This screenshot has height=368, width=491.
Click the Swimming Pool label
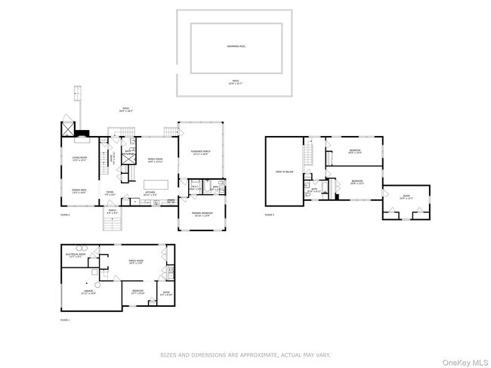click(236, 46)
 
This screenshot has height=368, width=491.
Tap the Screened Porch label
click(199, 153)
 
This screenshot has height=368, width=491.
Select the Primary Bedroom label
click(200, 214)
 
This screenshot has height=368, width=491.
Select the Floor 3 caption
click(270, 215)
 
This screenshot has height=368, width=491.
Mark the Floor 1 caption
click(65, 320)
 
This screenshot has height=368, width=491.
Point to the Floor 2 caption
click(65, 215)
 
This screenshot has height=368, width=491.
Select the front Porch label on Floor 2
click(112, 214)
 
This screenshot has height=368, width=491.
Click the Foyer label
click(110, 193)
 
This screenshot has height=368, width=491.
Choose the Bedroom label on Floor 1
click(138, 291)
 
